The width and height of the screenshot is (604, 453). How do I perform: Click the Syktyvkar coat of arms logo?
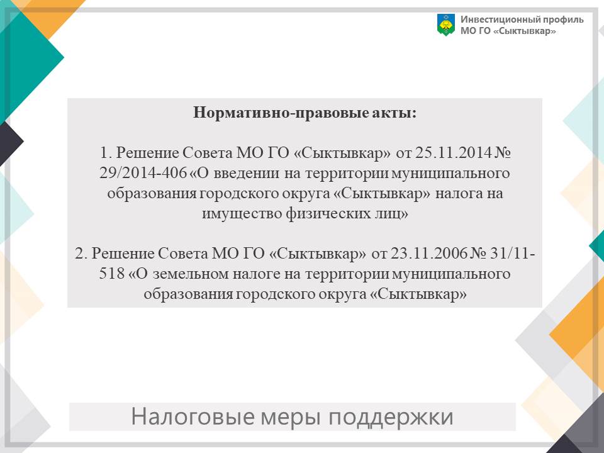[446, 25]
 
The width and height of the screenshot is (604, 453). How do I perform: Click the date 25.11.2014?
[454, 152]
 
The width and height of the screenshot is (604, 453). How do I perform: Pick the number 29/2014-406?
[143, 173]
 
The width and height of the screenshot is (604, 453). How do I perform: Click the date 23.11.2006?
[429, 254]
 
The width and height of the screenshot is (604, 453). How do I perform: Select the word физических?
[328, 214]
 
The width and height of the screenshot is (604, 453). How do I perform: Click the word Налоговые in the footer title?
[193, 417]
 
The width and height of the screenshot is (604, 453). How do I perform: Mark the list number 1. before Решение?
[106, 153]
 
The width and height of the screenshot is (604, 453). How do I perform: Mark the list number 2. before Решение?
[81, 254]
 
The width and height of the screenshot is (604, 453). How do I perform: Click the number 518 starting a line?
[112, 274]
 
